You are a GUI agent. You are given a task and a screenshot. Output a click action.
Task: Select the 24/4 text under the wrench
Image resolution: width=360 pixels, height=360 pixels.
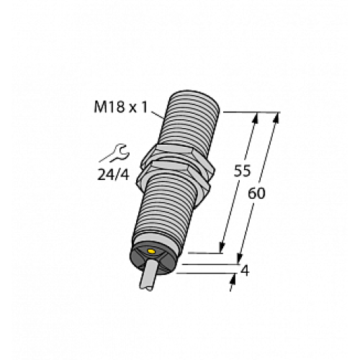click(x=114, y=173)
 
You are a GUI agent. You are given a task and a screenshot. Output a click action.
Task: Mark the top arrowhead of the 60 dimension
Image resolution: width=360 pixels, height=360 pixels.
click(x=276, y=117)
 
